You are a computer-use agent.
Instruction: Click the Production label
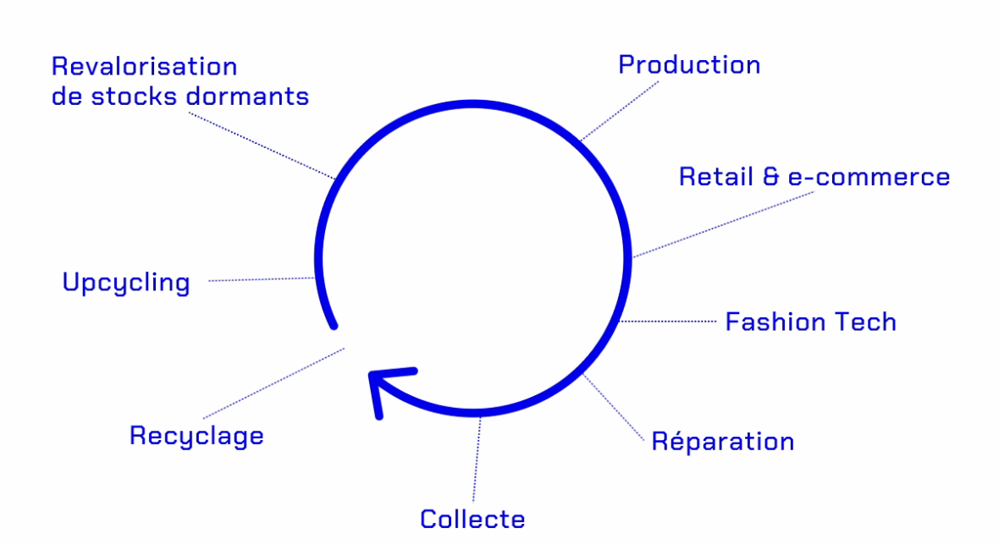pos(689,65)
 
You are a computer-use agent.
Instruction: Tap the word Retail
pos(716,176)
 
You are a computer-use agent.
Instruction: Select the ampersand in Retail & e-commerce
pos(771,176)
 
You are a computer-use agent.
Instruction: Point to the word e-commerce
pos(869,177)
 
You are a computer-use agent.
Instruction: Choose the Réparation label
pos(722,441)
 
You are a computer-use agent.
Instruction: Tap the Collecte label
pos(472,519)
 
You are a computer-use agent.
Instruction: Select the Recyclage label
pos(197,437)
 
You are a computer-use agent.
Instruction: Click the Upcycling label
pos(126,283)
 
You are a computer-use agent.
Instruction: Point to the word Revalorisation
pos(145,66)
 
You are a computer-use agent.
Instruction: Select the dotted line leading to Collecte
pos(477,459)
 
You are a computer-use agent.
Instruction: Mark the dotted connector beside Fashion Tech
pos(668,322)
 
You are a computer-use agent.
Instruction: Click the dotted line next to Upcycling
pos(262,279)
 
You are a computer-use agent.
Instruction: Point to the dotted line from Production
pos(620,110)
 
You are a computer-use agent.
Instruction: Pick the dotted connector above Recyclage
pos(274,383)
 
